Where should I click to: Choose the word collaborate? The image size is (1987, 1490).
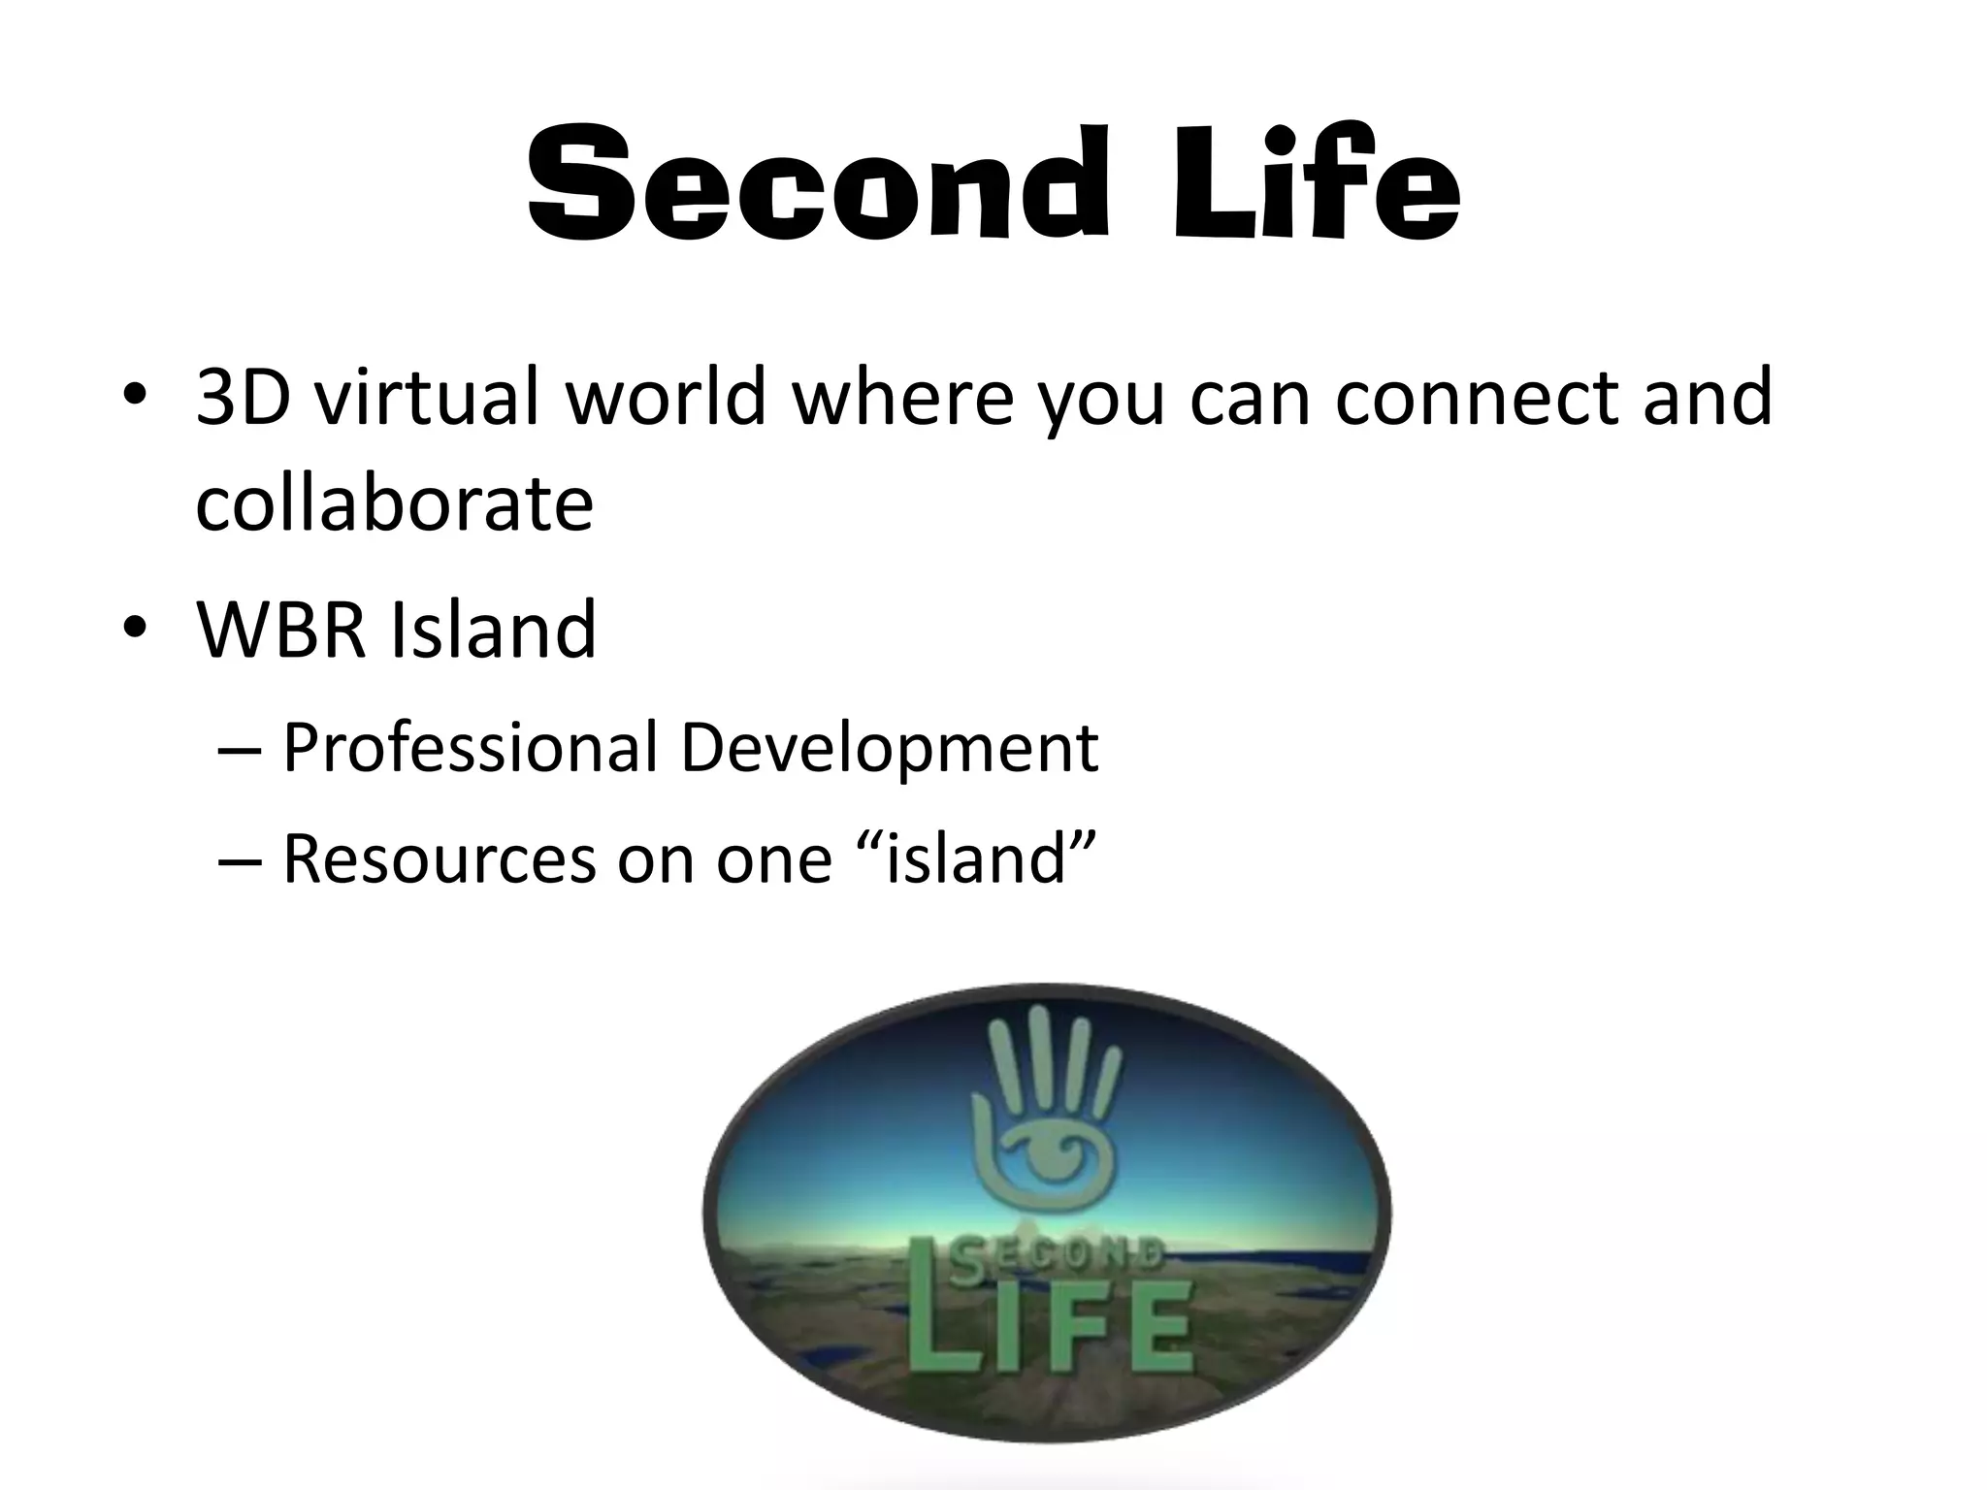coord(394,504)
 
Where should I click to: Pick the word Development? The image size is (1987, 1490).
coord(889,748)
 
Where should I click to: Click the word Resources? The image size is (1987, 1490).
coord(439,859)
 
